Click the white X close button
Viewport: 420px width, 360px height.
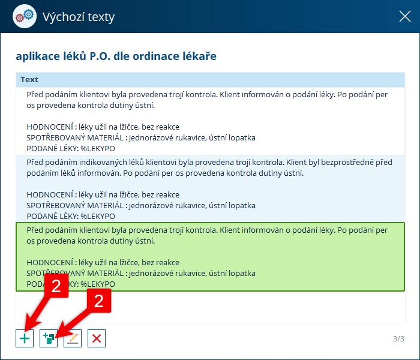pos(405,16)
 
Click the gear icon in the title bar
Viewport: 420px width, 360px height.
pos(25,16)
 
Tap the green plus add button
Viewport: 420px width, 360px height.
pos(25,338)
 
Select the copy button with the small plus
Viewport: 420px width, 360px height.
pos(49,338)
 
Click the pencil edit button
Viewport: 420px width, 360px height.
pos(73,338)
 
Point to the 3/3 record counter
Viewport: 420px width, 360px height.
pos(398,339)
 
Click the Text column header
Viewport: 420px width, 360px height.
pos(29,80)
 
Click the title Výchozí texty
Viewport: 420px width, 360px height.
pos(79,17)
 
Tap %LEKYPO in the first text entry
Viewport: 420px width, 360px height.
pos(98,148)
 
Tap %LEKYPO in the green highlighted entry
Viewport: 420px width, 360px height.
pos(98,284)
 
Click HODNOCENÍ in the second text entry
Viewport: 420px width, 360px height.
pos(50,194)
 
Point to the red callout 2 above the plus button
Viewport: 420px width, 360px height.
pos(56,286)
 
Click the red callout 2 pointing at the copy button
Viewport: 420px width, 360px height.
pos(99,301)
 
